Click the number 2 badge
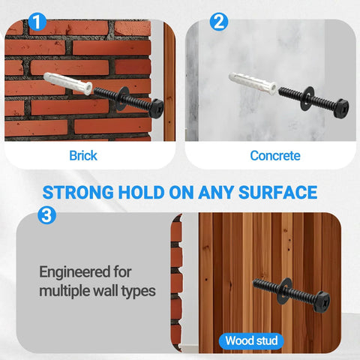[x=218, y=22]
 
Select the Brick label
[x=83, y=156]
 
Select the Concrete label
[x=274, y=156]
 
